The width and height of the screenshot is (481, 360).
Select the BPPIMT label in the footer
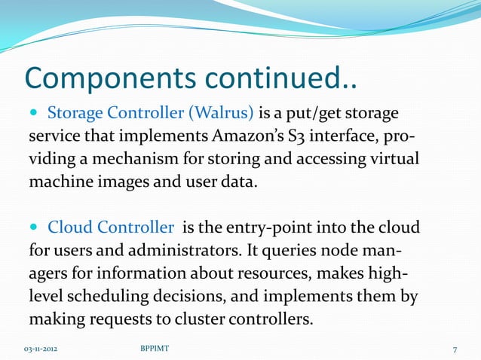(x=155, y=349)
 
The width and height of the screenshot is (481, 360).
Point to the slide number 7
(x=455, y=349)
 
